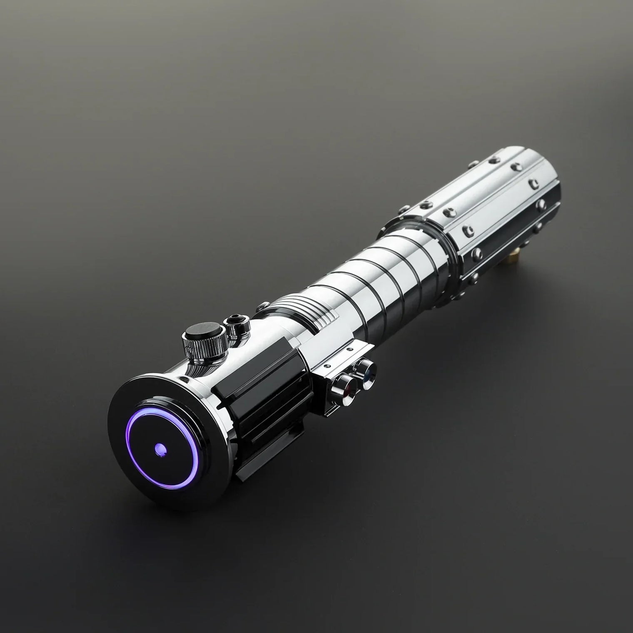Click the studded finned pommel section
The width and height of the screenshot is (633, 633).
pos(496,208)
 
